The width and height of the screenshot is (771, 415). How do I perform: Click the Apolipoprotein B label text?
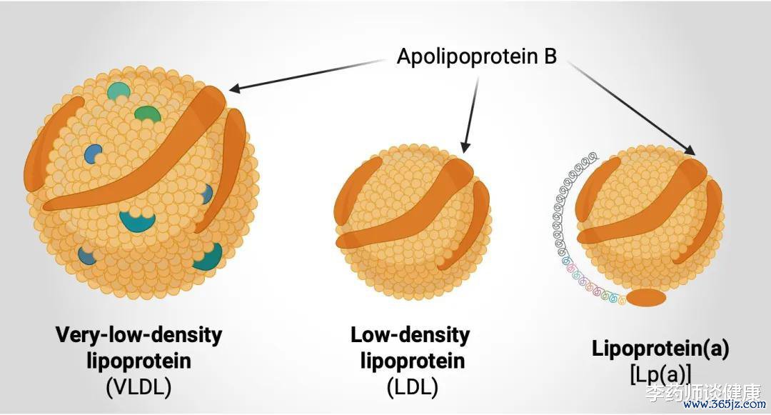[x=476, y=56]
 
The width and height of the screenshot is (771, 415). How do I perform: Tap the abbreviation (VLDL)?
[x=138, y=387]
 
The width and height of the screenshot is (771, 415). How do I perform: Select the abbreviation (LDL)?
[x=412, y=387]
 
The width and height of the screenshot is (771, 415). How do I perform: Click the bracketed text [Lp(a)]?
[x=660, y=375]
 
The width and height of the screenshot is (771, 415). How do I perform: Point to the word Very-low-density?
[x=138, y=335]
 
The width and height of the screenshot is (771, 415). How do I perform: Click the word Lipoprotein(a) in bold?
[x=660, y=349]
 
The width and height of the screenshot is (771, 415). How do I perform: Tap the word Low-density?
[x=410, y=335]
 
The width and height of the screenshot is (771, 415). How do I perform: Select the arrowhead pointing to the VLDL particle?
[x=235, y=89]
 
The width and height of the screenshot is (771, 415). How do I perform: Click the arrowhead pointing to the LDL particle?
[x=465, y=146]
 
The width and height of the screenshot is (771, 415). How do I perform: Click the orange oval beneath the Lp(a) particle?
[x=646, y=298]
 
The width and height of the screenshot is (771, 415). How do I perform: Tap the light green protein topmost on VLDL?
[x=119, y=91]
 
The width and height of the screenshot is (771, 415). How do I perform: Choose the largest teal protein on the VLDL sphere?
[x=137, y=221]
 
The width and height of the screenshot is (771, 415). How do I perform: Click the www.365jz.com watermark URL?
[x=725, y=405]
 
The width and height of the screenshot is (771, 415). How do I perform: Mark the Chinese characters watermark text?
[x=703, y=392]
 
